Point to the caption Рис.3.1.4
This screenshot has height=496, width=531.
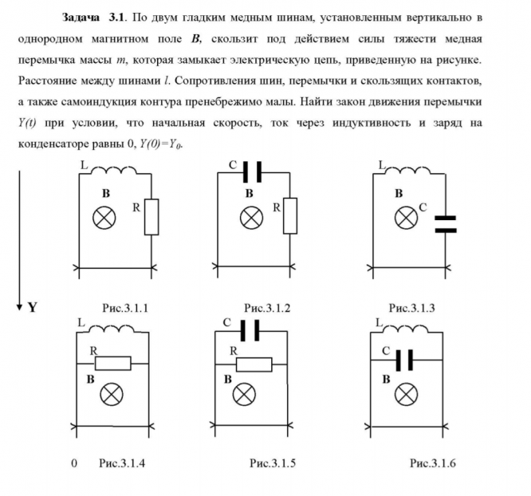(x=122, y=463)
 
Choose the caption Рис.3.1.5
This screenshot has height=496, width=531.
(x=273, y=463)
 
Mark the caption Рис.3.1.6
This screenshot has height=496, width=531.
(x=432, y=463)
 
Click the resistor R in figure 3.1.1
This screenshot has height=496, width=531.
(x=151, y=217)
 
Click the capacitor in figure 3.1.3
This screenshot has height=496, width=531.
(x=445, y=222)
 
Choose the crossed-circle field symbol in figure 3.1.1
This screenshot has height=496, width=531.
(x=104, y=217)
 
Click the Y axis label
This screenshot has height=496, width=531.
(x=33, y=307)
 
